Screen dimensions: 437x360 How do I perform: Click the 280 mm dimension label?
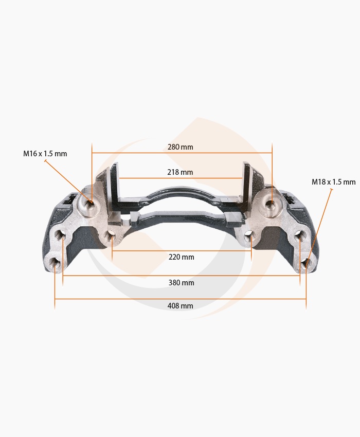point(180,147)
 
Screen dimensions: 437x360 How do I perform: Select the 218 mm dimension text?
point(180,172)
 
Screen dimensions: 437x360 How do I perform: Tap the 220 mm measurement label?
point(181,257)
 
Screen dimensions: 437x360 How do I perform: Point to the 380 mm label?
point(181,283)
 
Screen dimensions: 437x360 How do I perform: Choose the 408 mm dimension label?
point(181,306)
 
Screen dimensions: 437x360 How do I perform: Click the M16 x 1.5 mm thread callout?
point(45,154)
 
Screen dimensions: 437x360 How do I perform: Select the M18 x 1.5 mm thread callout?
point(333,182)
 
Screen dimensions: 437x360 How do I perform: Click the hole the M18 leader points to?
point(307,264)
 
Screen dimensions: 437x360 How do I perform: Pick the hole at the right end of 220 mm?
point(250,236)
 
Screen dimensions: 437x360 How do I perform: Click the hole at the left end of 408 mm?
point(55,265)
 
